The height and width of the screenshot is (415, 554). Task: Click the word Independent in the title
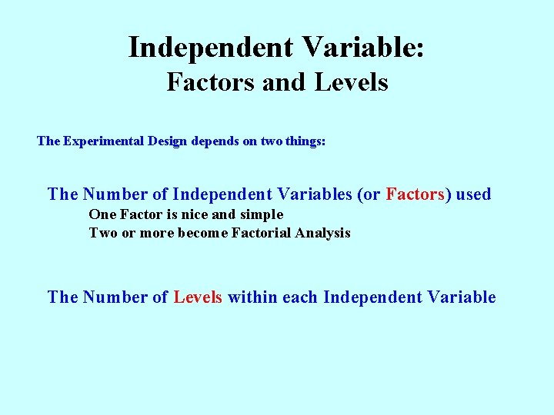coord(210,48)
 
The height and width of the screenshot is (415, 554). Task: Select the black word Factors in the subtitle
coord(211,81)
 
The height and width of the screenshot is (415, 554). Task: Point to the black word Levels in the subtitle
coord(351,81)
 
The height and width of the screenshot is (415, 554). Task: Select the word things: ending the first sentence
coord(304,141)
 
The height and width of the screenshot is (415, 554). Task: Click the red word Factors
coord(415,194)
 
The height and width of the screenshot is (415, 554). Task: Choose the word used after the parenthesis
coord(473,194)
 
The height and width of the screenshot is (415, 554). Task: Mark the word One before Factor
coord(102,214)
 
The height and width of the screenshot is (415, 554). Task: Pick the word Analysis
coord(323,233)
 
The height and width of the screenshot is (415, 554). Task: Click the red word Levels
coord(198,297)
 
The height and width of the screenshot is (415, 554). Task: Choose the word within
coord(252,297)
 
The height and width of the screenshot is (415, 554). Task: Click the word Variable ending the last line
coord(459,297)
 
